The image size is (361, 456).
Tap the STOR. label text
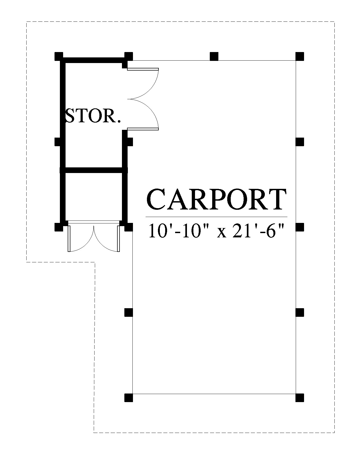pyautogui.click(x=93, y=116)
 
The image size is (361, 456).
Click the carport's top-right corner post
pyautogui.click(x=299, y=57)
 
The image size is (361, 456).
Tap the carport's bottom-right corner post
pyautogui.click(x=299, y=398)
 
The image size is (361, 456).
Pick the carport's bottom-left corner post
pyautogui.click(x=129, y=398)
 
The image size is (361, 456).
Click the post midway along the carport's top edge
pyautogui.click(x=214, y=57)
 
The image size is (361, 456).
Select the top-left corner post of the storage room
pyautogui.click(x=59, y=57)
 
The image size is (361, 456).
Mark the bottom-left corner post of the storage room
pyautogui.click(x=59, y=227)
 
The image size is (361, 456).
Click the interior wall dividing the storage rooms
pyautogui.click(x=94, y=170)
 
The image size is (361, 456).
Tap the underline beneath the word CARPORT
pyautogui.click(x=216, y=216)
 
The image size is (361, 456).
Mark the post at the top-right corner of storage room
pyautogui.click(x=129, y=57)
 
